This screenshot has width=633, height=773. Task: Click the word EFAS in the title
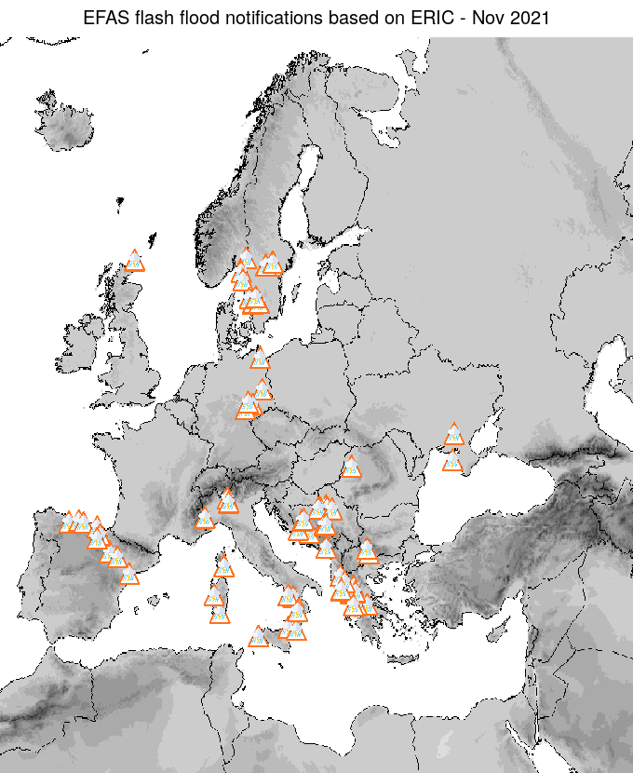click(x=105, y=18)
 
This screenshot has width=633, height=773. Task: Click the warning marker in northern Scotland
click(x=135, y=261)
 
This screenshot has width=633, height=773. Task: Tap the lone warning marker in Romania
click(x=351, y=467)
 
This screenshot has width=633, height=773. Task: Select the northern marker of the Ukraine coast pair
click(x=453, y=435)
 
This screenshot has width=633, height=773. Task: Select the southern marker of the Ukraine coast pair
click(x=452, y=462)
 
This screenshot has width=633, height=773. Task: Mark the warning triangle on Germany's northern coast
click(x=260, y=358)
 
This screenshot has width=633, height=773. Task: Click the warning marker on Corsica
click(x=223, y=566)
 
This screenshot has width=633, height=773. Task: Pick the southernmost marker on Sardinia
click(x=219, y=614)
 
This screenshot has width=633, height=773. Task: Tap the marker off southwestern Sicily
click(x=259, y=636)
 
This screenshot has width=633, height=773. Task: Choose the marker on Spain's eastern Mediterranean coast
click(x=128, y=576)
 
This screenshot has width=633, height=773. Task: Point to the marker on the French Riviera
click(x=205, y=519)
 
